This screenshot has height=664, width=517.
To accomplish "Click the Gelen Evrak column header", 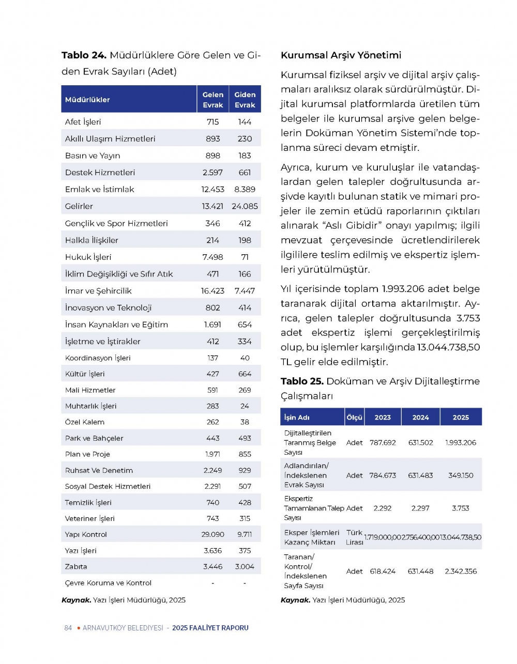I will coord(212,100).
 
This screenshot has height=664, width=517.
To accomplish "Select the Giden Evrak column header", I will coord(245,100).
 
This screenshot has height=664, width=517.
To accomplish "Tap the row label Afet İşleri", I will coord(83,122).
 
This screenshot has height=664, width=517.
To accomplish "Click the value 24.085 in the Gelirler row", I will coord(245,206).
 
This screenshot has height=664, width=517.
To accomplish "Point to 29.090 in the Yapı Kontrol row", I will coord(212,534).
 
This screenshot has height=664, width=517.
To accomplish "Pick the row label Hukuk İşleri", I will coord(88,257).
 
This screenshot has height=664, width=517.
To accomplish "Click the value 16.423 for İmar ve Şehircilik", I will coord(212,291).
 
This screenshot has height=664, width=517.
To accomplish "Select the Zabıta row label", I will coord(76,566).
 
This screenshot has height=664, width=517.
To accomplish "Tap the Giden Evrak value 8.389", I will coord(245,189).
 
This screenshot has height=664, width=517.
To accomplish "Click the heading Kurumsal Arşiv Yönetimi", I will coord(341,55).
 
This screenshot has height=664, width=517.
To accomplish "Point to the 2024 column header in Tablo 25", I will coord(420,418).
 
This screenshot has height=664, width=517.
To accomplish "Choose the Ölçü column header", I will coord(354,418).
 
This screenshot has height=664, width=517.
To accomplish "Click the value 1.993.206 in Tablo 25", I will coord(461,442).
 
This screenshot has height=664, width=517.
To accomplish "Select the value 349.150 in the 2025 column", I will coord(461,475).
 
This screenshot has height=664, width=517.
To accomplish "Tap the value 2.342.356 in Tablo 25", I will coord(461,571).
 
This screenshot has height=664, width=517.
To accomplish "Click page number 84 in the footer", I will coord(68,628).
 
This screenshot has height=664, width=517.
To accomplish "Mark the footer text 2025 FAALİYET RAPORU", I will coord(210,628).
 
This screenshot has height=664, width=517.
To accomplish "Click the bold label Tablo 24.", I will coord(84,55).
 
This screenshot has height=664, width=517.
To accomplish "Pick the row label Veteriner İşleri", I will coord(90,518).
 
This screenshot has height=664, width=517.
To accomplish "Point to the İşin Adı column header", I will coord(297,418).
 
